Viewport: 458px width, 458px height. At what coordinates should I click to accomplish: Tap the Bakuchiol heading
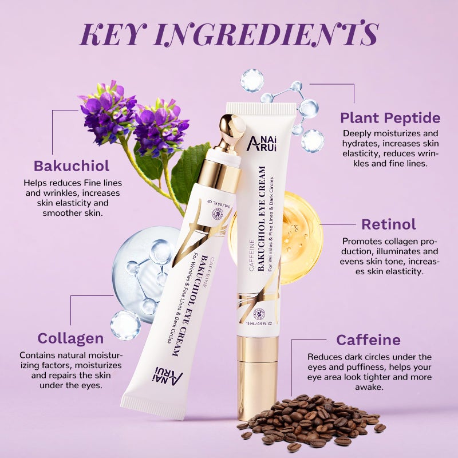[72, 167]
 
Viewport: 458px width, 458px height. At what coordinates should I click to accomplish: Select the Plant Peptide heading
[390, 119]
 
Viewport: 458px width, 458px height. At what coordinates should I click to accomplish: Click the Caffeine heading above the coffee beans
[368, 340]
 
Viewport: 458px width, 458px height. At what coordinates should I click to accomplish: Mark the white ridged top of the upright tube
[261, 109]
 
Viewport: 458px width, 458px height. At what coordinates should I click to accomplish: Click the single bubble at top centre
[252, 80]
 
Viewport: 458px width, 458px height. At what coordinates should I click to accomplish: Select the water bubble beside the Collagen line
[125, 325]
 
